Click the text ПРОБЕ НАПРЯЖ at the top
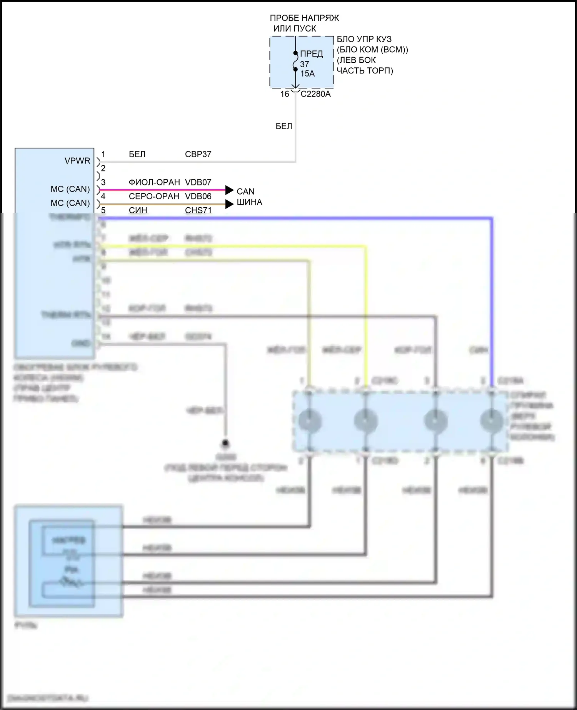click(304, 18)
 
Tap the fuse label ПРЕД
click(311, 54)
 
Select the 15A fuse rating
click(307, 73)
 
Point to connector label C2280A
click(315, 94)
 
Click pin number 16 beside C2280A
click(285, 94)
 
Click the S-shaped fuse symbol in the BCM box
click(295, 62)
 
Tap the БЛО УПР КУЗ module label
click(364, 39)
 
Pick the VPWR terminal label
click(77, 161)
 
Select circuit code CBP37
click(198, 154)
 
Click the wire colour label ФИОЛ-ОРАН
click(154, 182)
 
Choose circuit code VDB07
click(198, 182)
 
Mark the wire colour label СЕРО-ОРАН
click(154, 197)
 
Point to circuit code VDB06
click(198, 197)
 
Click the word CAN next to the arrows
click(245, 192)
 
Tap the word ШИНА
click(249, 202)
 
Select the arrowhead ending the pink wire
click(230, 190)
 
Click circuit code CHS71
click(198, 210)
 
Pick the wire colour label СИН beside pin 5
click(138, 210)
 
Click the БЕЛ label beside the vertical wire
click(284, 126)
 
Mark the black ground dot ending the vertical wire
click(225, 443)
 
